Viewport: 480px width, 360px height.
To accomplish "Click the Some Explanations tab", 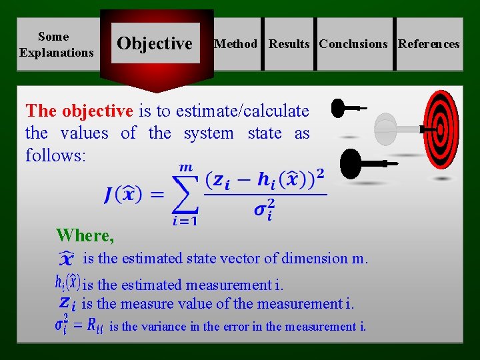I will pyautogui.click(x=57, y=44).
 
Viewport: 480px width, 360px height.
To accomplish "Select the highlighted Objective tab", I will pyautogui.click(x=155, y=44).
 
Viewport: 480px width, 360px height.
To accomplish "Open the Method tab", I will pyautogui.click(x=235, y=44).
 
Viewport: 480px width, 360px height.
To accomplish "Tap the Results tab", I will pyautogui.click(x=289, y=44).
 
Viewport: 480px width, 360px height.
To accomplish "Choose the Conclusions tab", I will pyautogui.click(x=353, y=44).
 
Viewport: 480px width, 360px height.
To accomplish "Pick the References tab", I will pyautogui.click(x=429, y=44).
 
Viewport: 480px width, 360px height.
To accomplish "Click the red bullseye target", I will pyautogui.click(x=438, y=129).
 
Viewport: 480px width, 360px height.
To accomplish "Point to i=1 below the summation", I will pyautogui.click(x=184, y=222).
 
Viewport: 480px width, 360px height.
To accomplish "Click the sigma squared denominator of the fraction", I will pyautogui.click(x=265, y=210).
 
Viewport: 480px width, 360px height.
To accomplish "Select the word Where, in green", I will pyautogui.click(x=85, y=235).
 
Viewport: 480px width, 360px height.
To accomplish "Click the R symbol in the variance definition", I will pyautogui.click(x=95, y=326).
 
